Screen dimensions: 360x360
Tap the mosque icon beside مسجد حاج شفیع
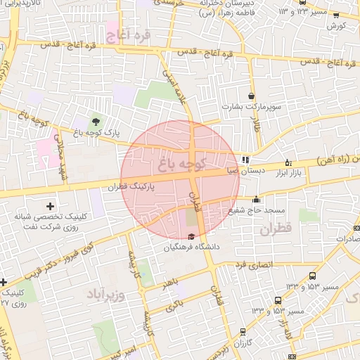[257, 198]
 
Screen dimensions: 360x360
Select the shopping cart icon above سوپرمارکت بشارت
[251, 96]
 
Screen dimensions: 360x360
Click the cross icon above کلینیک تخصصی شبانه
[49, 206]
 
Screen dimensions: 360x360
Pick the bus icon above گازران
[243, 331]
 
